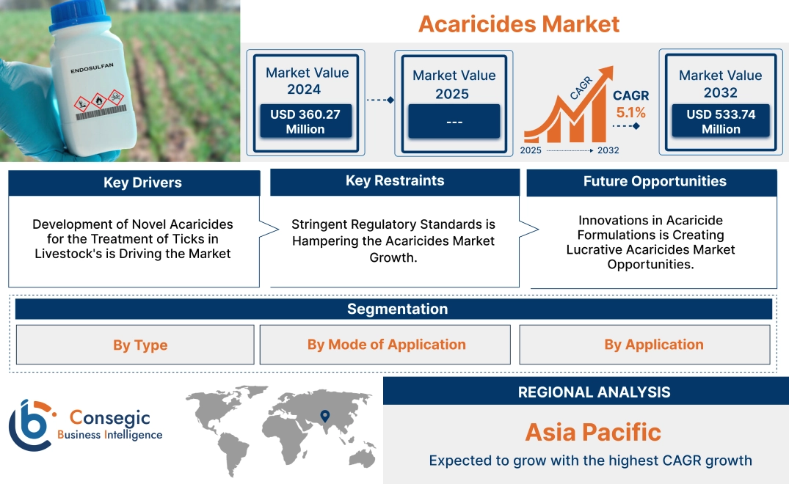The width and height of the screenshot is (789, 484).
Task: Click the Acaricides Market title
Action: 519,23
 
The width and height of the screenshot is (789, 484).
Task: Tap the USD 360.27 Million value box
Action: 305,121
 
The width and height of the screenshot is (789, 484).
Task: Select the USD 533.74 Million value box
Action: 720,121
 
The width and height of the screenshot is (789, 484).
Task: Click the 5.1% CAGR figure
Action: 630,113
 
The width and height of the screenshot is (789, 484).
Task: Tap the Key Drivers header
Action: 142,183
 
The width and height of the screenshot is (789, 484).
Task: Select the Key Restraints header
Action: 395,181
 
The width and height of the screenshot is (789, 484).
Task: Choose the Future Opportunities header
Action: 654,181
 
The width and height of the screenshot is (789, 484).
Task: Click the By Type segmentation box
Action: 140,345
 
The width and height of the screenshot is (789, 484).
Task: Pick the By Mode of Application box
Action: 386,345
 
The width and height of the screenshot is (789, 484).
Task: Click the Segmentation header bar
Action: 397,309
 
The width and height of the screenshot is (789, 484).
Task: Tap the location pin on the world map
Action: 324,417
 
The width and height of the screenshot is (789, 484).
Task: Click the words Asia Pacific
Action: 592,432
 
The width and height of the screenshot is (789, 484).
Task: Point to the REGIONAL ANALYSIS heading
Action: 594,392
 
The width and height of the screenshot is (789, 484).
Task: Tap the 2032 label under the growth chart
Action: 608,150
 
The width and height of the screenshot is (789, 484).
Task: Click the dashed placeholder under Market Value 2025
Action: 454,121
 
